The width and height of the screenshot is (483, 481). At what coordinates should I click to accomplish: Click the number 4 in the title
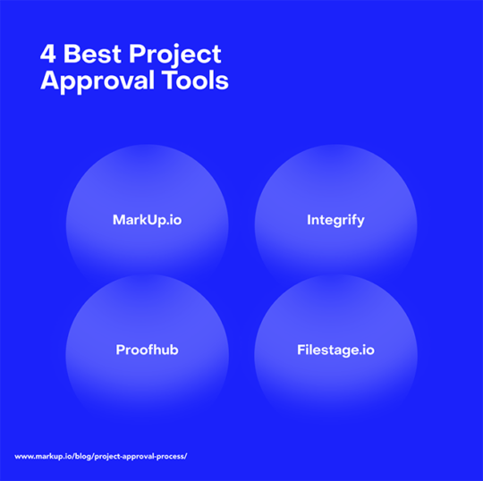(47, 54)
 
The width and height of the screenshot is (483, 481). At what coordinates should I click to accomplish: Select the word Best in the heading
(90, 54)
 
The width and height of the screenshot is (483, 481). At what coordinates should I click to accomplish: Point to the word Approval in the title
(96, 82)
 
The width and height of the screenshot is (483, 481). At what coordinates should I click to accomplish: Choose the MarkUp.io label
(147, 220)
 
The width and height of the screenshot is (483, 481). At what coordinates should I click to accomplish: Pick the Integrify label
(335, 220)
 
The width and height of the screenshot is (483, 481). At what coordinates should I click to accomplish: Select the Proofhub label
(147, 350)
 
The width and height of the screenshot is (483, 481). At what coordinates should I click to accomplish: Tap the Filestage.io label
(335, 350)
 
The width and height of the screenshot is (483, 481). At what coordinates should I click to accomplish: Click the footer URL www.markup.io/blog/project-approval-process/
(100, 457)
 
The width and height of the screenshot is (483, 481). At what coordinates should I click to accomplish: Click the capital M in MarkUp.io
(119, 220)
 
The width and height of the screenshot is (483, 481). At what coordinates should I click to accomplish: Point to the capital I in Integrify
(309, 220)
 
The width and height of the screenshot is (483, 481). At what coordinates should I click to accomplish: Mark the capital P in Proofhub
(120, 350)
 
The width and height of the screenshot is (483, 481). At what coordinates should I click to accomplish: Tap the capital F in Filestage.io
(301, 350)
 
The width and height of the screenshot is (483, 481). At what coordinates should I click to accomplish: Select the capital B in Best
(70, 54)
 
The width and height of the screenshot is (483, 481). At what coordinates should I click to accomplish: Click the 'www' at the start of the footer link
(23, 457)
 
